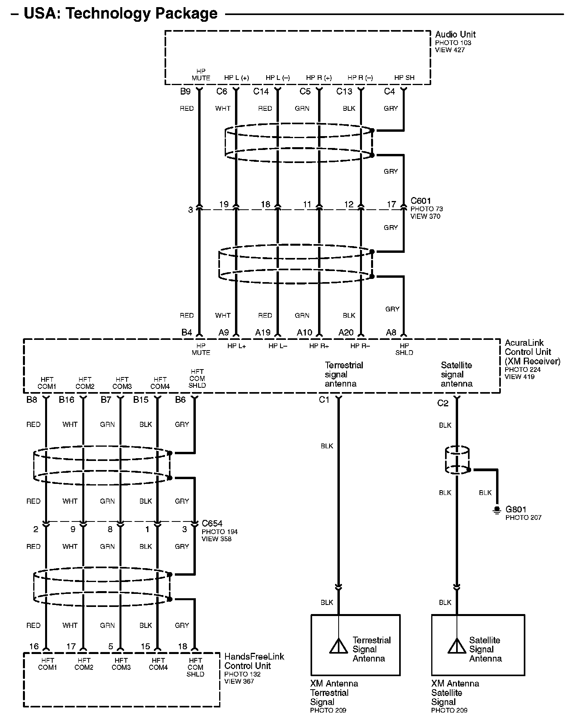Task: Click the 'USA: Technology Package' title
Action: (x=120, y=13)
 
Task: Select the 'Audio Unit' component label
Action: (x=455, y=34)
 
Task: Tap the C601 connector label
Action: (x=421, y=201)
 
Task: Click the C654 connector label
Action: (x=212, y=523)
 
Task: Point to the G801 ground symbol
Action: (x=496, y=511)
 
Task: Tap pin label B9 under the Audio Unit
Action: (x=186, y=92)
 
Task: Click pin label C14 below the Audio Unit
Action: (x=261, y=92)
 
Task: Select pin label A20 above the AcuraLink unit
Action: (x=346, y=332)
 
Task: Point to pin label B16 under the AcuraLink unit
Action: (x=66, y=400)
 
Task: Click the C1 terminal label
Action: (x=324, y=400)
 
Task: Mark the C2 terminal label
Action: (x=443, y=403)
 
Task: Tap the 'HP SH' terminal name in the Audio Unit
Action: (x=404, y=78)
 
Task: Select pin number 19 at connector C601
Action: (x=224, y=204)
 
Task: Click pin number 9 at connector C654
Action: (x=73, y=529)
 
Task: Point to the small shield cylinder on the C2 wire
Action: (x=457, y=461)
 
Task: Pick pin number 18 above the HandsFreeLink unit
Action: (x=182, y=646)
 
